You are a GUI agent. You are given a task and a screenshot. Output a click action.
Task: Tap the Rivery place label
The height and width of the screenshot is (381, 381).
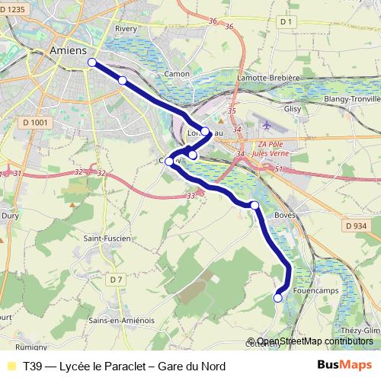(x=126, y=29)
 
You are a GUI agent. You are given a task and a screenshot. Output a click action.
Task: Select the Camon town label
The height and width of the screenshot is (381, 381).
(x=177, y=74)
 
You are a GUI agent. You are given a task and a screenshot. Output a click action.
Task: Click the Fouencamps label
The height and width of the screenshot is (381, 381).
(x=314, y=290)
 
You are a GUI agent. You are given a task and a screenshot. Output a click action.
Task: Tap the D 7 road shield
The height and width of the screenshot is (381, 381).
(x=115, y=280)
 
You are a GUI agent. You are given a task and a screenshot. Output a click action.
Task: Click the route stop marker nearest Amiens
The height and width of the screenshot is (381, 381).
(x=92, y=62)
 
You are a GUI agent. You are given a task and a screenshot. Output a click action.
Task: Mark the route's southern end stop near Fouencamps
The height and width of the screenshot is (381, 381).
(x=278, y=298)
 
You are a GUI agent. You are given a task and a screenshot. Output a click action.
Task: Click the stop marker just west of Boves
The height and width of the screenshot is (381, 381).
(x=255, y=205)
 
